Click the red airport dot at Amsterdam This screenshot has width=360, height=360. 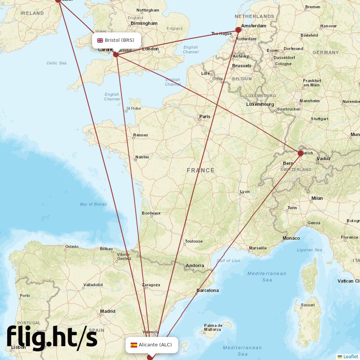tap(238, 30)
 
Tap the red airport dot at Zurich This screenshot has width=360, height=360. tap(301, 153)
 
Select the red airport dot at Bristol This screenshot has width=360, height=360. tap(116, 54)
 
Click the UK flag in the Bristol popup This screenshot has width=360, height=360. tap(100, 40)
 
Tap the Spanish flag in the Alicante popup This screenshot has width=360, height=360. tap(134, 345)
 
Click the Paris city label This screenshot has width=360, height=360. tap(205, 116)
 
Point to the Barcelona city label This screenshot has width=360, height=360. tap(207, 290)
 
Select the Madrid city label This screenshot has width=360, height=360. tap(108, 311)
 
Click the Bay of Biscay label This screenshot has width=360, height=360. tap(93, 204)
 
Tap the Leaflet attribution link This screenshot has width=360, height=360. tap(350, 356)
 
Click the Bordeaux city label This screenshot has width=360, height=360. tap(151, 213)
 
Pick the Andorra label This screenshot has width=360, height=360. tap(195, 266)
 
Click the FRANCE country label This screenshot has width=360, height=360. tap(201, 170)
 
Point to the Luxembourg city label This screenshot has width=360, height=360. tap(260, 104)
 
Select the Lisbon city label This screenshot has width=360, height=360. tap(18, 347)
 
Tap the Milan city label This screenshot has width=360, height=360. tap(317, 198)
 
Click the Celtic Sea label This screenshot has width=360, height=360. tap(57, 63)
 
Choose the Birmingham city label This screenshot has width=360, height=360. tap(144, 23)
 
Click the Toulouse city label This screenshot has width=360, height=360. tap(194, 241)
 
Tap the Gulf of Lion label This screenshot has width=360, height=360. tap(229, 261)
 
